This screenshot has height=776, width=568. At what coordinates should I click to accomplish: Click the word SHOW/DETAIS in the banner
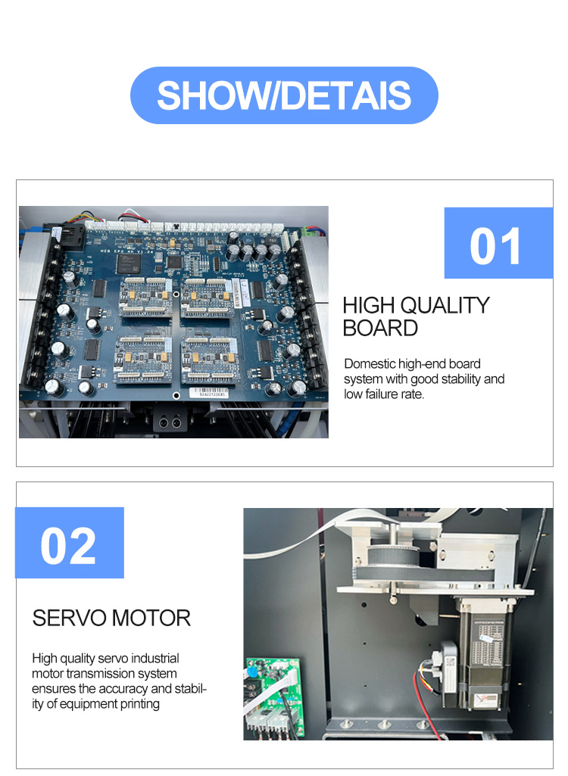pyautogui.click(x=284, y=95)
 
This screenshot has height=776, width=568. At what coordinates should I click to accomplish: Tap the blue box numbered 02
pyautogui.click(x=69, y=544)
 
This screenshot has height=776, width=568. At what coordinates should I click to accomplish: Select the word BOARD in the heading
pyautogui.click(x=380, y=328)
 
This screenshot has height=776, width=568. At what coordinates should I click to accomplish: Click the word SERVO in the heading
pyautogui.click(x=69, y=618)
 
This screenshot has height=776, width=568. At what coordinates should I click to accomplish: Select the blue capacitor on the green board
pyautogui.click(x=251, y=674)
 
